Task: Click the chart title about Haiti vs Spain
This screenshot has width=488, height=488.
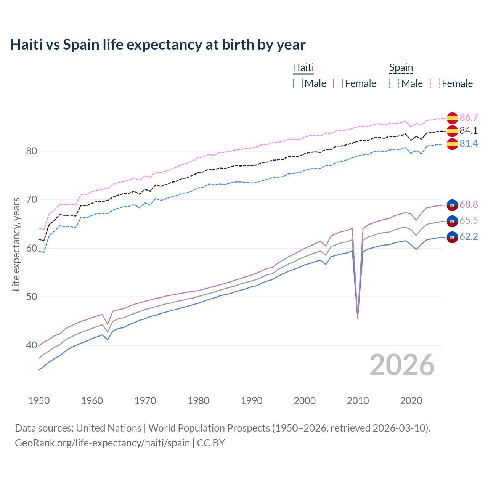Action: click(x=157, y=45)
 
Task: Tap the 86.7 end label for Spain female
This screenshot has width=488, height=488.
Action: click(x=469, y=117)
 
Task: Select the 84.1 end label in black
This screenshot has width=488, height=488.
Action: click(x=469, y=130)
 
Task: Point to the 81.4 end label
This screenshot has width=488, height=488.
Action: click(x=469, y=143)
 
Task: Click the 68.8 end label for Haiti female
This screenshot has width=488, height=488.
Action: click(x=469, y=205)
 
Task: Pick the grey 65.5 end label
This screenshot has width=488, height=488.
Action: click(x=469, y=221)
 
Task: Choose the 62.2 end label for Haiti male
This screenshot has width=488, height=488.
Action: click(x=469, y=237)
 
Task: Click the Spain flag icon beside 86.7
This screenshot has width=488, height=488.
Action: click(x=452, y=118)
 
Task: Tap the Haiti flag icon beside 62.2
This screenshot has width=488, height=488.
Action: click(x=452, y=237)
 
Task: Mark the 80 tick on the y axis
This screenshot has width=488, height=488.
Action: click(x=31, y=151)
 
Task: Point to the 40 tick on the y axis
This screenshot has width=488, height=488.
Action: click(x=31, y=345)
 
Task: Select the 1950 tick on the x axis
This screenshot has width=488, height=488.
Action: click(x=39, y=401)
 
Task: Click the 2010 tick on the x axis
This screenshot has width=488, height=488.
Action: click(x=358, y=401)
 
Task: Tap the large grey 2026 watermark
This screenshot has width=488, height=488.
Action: click(x=402, y=365)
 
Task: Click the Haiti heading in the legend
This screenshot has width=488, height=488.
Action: click(x=303, y=67)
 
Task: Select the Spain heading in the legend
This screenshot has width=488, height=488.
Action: click(x=401, y=67)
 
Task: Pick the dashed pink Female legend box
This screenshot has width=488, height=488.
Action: click(x=435, y=83)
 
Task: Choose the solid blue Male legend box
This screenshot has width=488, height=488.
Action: click(x=298, y=83)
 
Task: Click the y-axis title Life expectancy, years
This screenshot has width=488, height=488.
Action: click(x=16, y=244)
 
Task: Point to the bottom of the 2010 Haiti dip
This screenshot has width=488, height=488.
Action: click(x=358, y=318)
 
